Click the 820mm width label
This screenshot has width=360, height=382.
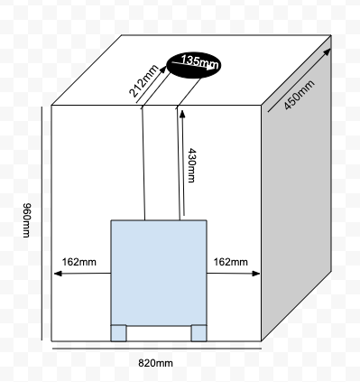pyautogui.click(x=155, y=363)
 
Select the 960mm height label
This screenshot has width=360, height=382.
pyautogui.click(x=27, y=220)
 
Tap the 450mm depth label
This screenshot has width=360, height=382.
pyautogui.click(x=300, y=95)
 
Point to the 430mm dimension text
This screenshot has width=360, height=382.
pyautogui.click(x=191, y=165)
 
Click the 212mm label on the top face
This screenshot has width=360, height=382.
pyautogui.click(x=143, y=81)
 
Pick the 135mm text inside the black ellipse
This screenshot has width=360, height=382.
pyautogui.click(x=199, y=61)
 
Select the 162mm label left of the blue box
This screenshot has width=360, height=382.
pyautogui.click(x=79, y=262)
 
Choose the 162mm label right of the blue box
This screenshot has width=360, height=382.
pyautogui.click(x=231, y=262)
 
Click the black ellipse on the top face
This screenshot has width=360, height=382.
pyautogui.click(x=194, y=65)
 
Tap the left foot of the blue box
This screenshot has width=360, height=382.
pyautogui.click(x=118, y=333)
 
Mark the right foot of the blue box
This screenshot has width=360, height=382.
pyautogui.click(x=198, y=333)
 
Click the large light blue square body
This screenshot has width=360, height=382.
pyautogui.click(x=159, y=273)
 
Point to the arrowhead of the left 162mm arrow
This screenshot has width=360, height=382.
pyautogui.click(x=58, y=274)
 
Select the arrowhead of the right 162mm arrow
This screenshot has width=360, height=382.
pyautogui.click(x=256, y=274)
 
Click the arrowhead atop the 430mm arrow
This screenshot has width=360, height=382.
pyautogui.click(x=182, y=114)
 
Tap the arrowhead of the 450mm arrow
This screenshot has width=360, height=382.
pyautogui.click(x=328, y=52)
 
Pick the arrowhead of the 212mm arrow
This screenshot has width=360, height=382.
pyautogui.click(x=163, y=70)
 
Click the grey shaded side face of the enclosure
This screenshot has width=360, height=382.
pyautogui.click(x=297, y=188)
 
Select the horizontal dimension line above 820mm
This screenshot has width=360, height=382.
pyautogui.click(x=157, y=349)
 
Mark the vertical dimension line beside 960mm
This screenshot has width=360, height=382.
pyautogui.click(x=42, y=223)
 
